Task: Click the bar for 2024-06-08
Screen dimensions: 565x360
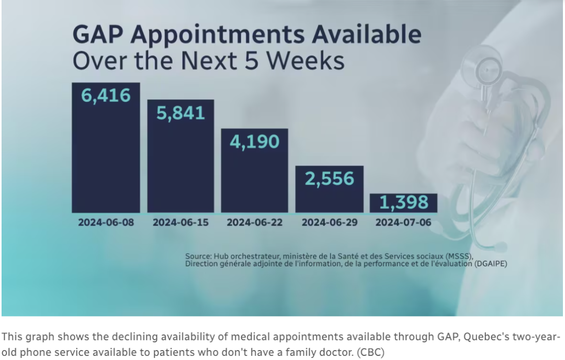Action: (106, 148)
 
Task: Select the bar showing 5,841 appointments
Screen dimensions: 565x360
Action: (180, 156)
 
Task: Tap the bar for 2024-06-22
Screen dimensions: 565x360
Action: (254, 171)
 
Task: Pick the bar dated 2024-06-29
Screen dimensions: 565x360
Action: (330, 189)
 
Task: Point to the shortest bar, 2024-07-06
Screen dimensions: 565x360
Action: (403, 203)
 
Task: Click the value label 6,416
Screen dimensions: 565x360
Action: (106, 96)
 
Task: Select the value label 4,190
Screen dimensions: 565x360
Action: (254, 142)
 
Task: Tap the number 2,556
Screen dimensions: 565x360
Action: (330, 179)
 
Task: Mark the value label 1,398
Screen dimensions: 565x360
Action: (403, 202)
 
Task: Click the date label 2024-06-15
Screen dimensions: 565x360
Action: (180, 222)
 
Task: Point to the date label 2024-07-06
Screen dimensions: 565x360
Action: (403, 222)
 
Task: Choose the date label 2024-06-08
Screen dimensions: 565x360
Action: (106, 222)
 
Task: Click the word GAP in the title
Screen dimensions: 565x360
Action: (98, 34)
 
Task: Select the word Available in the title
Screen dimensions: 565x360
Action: (366, 34)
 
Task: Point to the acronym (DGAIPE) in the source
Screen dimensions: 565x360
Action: (490, 264)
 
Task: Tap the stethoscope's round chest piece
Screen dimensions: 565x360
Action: (487, 70)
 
